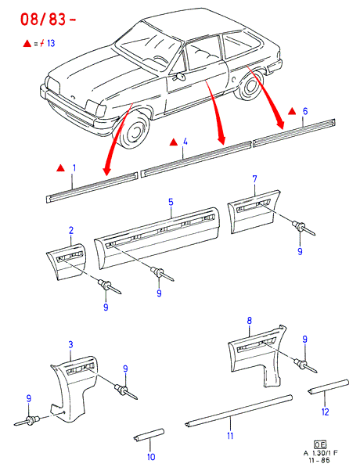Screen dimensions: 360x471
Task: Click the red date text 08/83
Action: [x=43, y=20]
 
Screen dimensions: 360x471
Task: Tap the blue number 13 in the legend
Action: [x=51, y=43]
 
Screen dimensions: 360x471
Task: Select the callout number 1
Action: [x=74, y=168]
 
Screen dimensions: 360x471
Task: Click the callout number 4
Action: [x=185, y=142]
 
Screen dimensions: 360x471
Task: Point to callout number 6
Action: [x=305, y=111]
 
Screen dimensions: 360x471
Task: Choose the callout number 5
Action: [x=171, y=202]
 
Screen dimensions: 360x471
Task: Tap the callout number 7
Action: [x=254, y=179]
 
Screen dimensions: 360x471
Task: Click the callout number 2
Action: [x=71, y=230]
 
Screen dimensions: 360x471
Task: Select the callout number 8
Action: [x=249, y=321]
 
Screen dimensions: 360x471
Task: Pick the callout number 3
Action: [x=70, y=344]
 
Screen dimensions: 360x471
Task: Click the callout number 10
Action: [x=151, y=457]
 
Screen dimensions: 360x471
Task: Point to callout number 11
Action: [x=230, y=435]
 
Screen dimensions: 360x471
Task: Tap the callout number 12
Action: [x=325, y=412]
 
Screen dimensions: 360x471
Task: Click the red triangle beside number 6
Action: [x=292, y=111]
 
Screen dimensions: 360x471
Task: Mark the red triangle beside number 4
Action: [x=174, y=142]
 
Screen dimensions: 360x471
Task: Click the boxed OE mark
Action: [x=320, y=444]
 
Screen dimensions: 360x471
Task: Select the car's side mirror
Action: [x=180, y=77]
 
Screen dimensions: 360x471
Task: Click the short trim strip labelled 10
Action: [x=149, y=435]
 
